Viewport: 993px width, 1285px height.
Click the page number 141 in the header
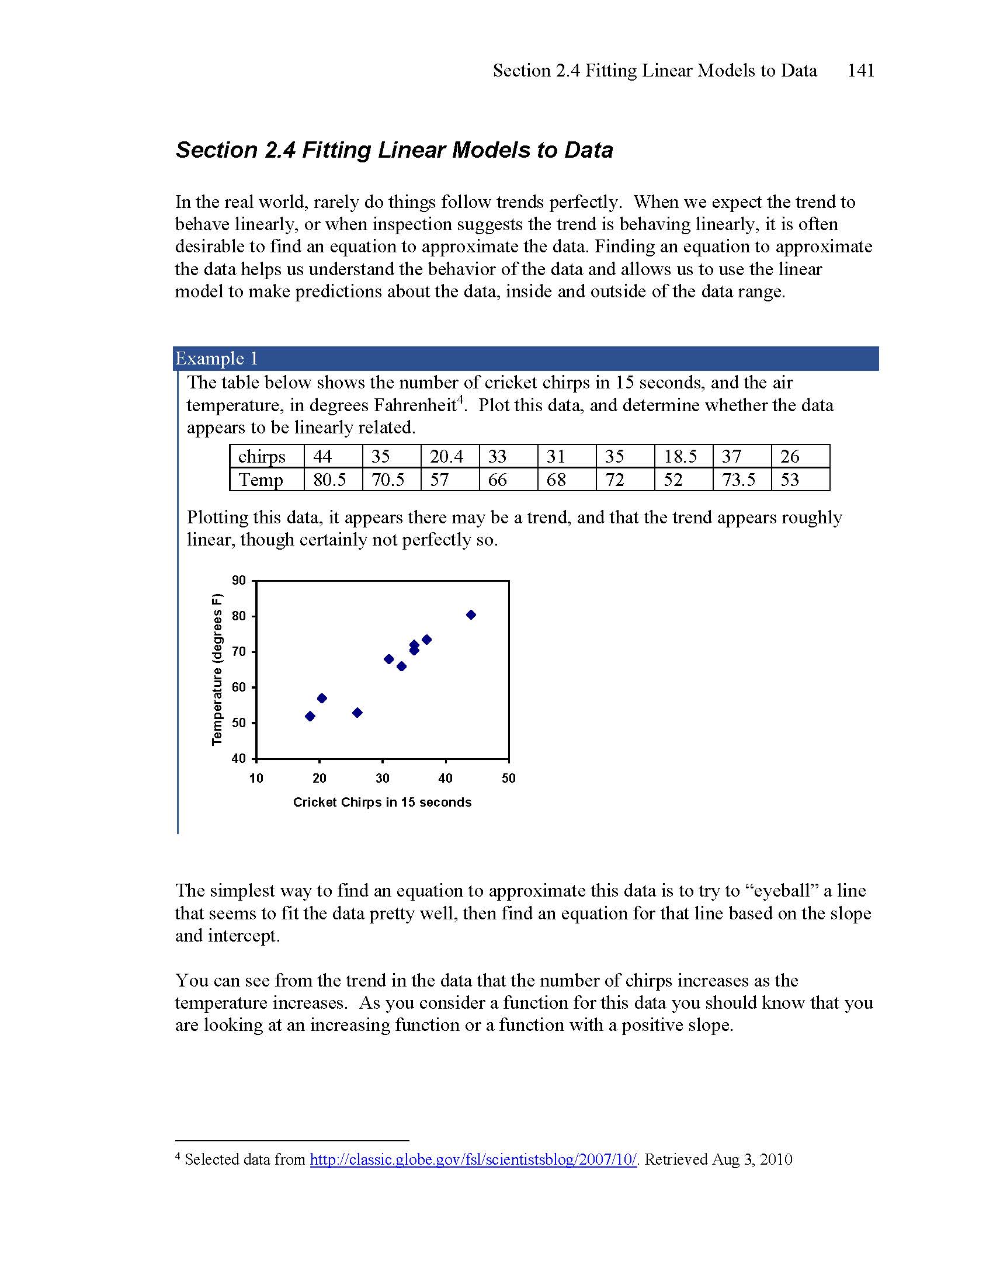860,71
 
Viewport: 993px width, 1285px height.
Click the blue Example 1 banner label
217,358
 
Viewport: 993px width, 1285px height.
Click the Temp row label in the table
261,480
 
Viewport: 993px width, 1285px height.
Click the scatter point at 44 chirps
471,615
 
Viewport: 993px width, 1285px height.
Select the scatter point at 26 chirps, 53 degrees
357,713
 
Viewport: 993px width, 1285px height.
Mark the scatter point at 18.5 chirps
310,716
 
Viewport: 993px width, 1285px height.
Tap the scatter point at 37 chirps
426,640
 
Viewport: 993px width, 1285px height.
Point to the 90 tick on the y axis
239,581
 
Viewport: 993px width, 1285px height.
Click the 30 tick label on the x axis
383,779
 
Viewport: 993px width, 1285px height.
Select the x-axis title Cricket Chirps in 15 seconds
382,803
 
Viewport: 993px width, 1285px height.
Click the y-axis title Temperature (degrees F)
217,669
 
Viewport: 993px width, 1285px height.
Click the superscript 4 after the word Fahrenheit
461,400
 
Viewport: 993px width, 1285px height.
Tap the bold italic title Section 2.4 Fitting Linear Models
394,150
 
